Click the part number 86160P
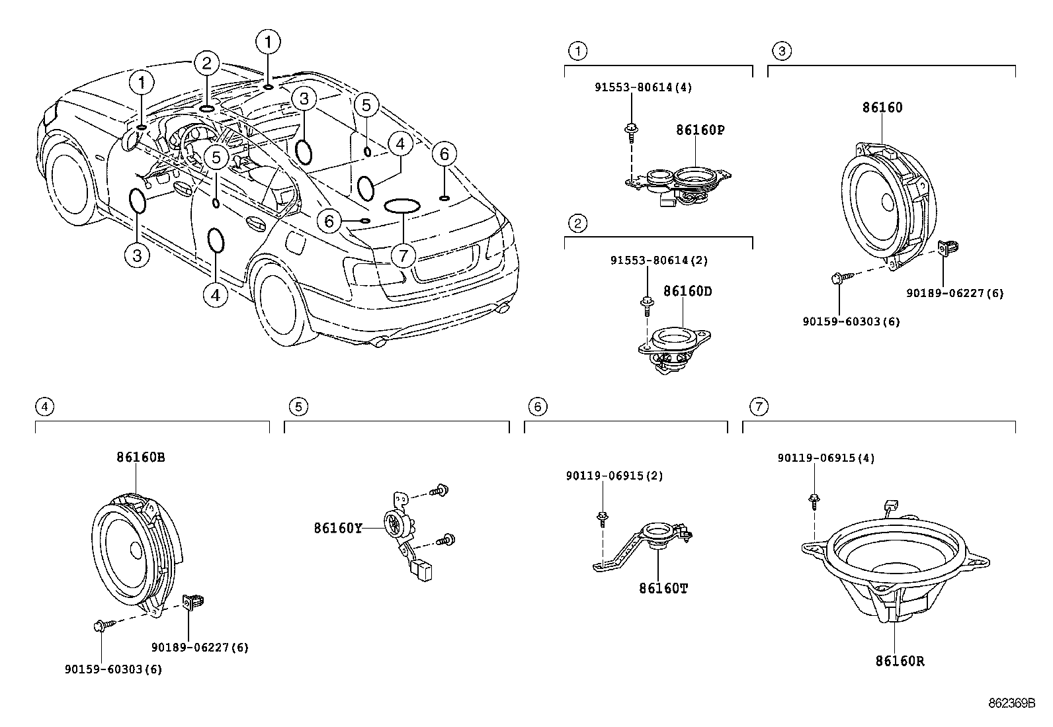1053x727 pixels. (700, 130)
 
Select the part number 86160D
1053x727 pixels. (687, 291)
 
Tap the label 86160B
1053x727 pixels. (141, 456)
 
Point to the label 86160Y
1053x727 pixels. (337, 528)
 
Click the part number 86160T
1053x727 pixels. (663, 587)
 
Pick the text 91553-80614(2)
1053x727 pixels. (659, 261)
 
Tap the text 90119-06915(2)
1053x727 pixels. (614, 476)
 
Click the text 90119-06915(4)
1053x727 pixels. (825, 458)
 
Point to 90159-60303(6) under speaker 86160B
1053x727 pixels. (113, 669)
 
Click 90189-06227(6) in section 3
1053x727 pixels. (954, 293)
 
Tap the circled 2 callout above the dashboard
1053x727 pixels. (206, 64)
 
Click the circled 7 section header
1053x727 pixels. (759, 406)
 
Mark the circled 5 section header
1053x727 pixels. (298, 406)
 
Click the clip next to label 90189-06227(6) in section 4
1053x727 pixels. (194, 601)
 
